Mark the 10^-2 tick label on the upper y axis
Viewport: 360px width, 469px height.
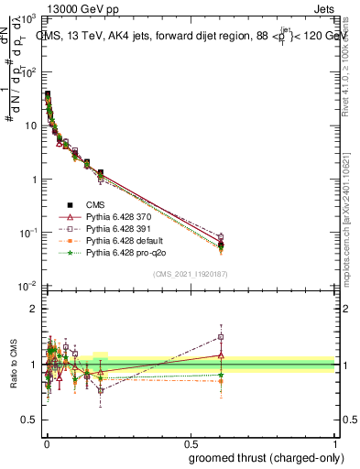[28, 286]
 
